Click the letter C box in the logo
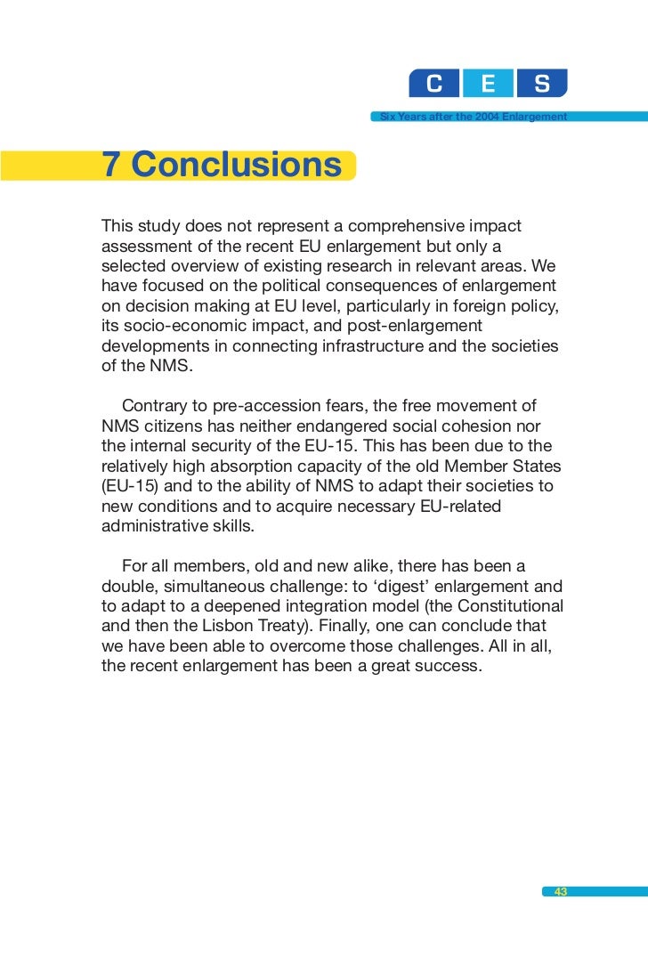(x=434, y=83)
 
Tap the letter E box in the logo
(x=488, y=83)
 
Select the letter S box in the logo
(x=541, y=83)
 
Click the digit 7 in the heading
(x=111, y=166)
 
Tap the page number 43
(x=561, y=892)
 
